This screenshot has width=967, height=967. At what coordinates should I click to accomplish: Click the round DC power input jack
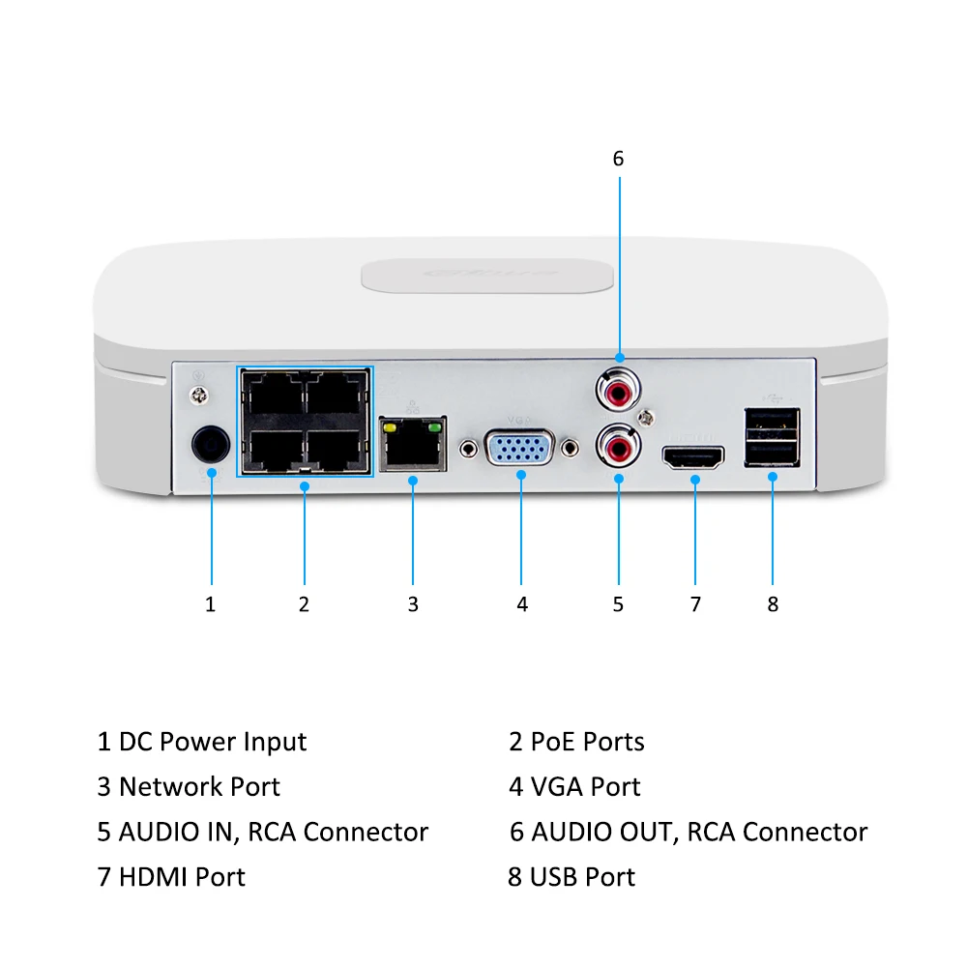(x=210, y=446)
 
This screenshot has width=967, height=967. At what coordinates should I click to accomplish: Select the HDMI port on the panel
(x=693, y=457)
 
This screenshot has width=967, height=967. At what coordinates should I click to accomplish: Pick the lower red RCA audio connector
(x=618, y=446)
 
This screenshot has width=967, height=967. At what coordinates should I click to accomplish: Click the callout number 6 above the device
(x=619, y=158)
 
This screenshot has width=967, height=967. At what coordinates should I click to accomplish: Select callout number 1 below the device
(x=210, y=604)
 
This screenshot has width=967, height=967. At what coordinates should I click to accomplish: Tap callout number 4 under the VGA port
(x=522, y=604)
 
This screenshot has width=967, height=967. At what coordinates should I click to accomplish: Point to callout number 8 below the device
(x=773, y=604)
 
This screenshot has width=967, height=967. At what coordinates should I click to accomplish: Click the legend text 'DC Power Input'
(x=212, y=742)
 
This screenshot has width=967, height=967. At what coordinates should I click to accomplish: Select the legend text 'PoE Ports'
(x=587, y=742)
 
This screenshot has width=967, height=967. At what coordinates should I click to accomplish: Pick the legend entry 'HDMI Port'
(x=182, y=877)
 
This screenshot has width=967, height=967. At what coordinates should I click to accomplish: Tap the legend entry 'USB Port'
(x=582, y=877)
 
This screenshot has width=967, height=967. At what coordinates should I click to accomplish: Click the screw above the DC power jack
(x=200, y=394)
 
